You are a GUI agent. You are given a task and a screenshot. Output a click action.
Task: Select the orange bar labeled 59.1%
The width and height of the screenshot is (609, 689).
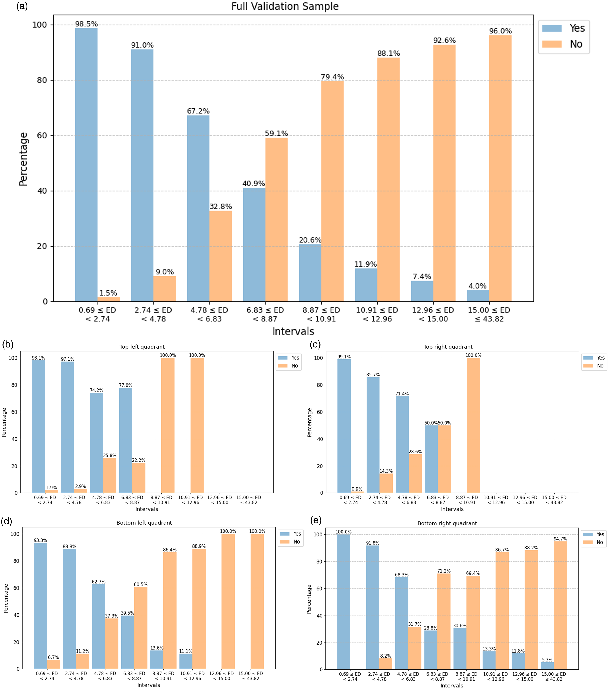point(276,219)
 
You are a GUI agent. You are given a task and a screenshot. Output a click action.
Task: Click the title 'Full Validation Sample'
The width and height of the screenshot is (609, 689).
point(285,6)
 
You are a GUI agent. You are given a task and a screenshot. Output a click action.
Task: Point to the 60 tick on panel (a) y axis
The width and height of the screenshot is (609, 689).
point(42,136)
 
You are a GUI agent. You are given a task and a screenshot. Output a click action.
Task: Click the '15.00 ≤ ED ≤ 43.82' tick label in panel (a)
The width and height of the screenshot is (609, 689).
point(489,315)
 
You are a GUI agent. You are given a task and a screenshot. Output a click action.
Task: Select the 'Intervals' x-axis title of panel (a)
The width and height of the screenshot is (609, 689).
point(293,331)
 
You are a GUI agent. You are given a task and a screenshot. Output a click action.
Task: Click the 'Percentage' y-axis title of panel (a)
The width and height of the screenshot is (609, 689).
point(23,159)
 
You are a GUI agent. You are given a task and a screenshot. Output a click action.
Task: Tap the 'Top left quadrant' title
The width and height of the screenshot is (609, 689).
point(142,347)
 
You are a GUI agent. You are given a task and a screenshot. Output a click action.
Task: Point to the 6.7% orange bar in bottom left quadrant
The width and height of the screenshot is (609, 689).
point(54,664)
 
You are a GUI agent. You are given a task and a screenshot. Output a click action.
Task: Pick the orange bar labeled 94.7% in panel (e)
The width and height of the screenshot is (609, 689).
point(560,605)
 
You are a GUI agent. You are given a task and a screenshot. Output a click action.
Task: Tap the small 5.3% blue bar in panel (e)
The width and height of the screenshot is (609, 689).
point(547,666)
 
